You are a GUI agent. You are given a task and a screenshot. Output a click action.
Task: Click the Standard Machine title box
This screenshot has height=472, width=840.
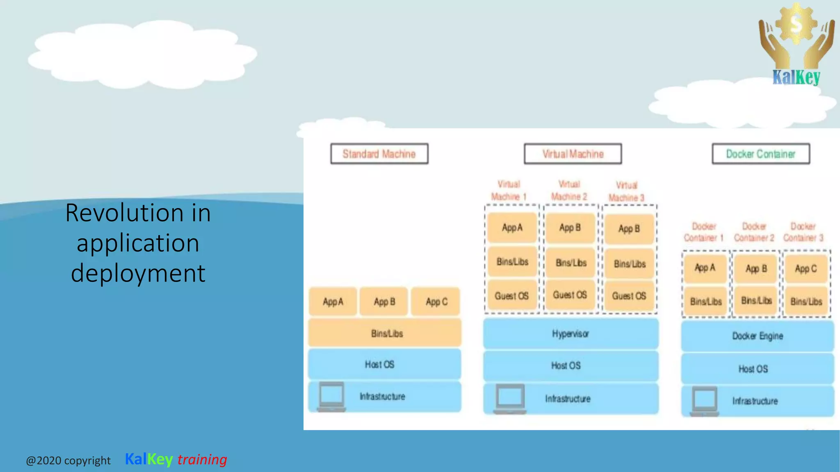pyautogui.click(x=379, y=154)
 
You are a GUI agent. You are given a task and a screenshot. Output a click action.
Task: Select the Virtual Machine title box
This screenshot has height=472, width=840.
pyautogui.click(x=573, y=154)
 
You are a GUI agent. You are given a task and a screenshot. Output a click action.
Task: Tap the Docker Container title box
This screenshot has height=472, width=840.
pyautogui.click(x=761, y=154)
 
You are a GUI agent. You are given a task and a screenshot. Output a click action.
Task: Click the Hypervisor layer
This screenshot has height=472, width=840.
pyautogui.click(x=571, y=334)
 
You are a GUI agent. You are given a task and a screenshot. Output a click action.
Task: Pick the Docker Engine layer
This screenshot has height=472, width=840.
pyautogui.click(x=758, y=336)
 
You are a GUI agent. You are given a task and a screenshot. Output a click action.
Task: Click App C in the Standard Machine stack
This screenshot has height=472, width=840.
pyautogui.click(x=436, y=302)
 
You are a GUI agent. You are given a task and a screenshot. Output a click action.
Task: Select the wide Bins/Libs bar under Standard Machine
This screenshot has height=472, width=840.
pyautogui.click(x=385, y=333)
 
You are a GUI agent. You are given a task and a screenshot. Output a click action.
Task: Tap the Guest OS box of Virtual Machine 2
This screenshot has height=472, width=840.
pyautogui.click(x=570, y=295)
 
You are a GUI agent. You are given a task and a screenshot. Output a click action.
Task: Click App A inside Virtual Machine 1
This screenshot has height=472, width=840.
pyautogui.click(x=512, y=227)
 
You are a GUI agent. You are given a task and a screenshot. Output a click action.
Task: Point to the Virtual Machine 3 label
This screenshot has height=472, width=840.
pyautogui.click(x=626, y=191)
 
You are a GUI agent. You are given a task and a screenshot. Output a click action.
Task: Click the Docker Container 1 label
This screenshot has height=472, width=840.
pyautogui.click(x=703, y=232)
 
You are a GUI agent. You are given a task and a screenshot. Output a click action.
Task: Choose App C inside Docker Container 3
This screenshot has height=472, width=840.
pyautogui.click(x=806, y=269)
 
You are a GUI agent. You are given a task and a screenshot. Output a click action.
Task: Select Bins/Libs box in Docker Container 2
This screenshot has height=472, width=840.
pyautogui.click(x=756, y=301)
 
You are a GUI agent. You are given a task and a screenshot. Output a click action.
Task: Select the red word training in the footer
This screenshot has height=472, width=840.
pyautogui.click(x=202, y=459)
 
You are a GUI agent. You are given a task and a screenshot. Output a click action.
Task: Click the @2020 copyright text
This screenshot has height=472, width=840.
pyautogui.click(x=68, y=461)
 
